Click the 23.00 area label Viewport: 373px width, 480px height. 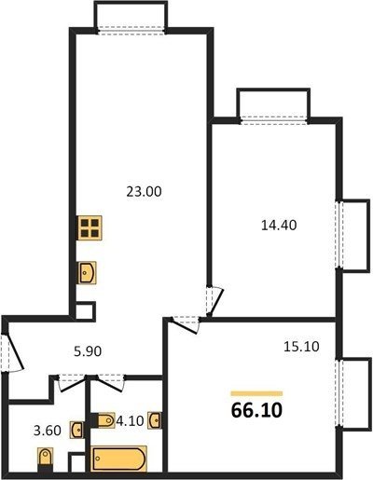tap(144, 192)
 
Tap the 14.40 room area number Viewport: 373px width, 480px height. tap(279, 225)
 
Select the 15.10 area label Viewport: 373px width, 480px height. tap(301, 347)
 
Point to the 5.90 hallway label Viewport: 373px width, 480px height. tap(88, 351)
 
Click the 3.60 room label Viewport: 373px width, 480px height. tap(47, 431)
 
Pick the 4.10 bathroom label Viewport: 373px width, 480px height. tap(130, 421)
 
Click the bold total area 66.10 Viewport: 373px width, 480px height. tap(256, 410)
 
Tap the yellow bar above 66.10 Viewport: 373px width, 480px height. tap(256, 393)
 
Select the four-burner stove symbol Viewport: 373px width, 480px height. tap(90, 227)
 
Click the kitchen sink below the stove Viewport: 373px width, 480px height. tap(87, 273)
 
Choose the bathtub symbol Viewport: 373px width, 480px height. tap(118, 459)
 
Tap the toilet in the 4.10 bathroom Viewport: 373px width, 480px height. tap(103, 420)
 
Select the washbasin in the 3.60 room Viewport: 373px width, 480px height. tap(76, 430)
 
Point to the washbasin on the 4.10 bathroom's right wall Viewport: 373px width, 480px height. tap(155, 420)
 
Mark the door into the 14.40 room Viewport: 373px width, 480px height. tap(215, 301)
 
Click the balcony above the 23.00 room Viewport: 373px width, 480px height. tap(131, 16)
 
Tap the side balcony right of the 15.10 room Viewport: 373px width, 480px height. tap(355, 394)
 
